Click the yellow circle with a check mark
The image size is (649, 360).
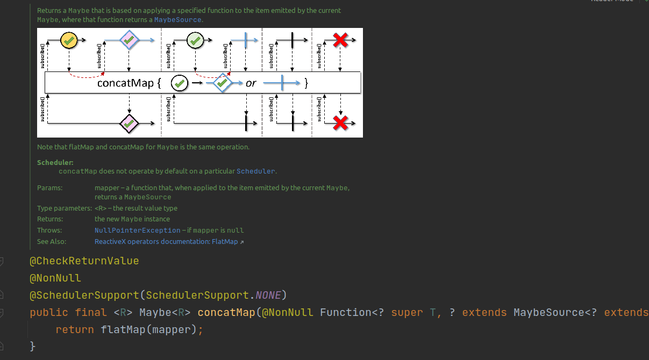click(x=69, y=40)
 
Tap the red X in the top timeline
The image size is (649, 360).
click(x=340, y=40)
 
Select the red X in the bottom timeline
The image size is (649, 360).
click(x=340, y=123)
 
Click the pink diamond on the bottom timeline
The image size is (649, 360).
click(x=129, y=124)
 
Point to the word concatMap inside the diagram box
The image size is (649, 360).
click(x=125, y=83)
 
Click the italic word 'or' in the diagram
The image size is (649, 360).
click(x=251, y=83)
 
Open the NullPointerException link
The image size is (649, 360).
click(x=138, y=231)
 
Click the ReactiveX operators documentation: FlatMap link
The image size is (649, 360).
click(x=166, y=242)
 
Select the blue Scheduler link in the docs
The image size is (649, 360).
click(x=256, y=171)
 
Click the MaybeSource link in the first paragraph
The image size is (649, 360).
click(x=177, y=20)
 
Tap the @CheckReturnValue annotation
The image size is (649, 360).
click(x=84, y=261)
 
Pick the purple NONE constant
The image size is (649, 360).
click(x=268, y=295)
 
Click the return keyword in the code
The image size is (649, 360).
click(x=75, y=329)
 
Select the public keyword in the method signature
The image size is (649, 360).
click(x=49, y=312)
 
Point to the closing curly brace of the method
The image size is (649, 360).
click(x=33, y=346)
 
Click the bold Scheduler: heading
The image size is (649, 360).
click(x=55, y=163)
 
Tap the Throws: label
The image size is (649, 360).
click(x=50, y=231)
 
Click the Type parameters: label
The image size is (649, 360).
click(x=65, y=208)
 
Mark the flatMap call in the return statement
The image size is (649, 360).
click(x=118, y=329)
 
